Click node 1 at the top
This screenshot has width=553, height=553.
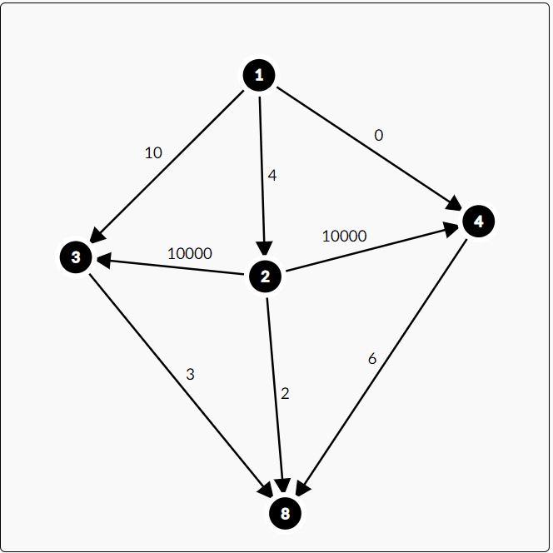(259, 76)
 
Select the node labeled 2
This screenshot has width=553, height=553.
(266, 276)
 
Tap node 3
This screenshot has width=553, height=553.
(76, 257)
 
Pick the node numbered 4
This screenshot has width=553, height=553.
(478, 222)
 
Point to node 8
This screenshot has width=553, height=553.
(285, 513)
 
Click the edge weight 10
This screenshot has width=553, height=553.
(153, 152)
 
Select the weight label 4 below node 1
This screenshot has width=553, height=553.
(272, 176)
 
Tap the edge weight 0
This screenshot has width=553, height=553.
(379, 135)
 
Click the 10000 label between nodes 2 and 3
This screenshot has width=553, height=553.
(190, 253)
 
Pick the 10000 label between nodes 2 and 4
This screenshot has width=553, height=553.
(344, 236)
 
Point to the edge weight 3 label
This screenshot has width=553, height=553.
(190, 374)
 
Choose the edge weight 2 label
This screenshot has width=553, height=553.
(285, 393)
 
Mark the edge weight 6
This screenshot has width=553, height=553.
(372, 359)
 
